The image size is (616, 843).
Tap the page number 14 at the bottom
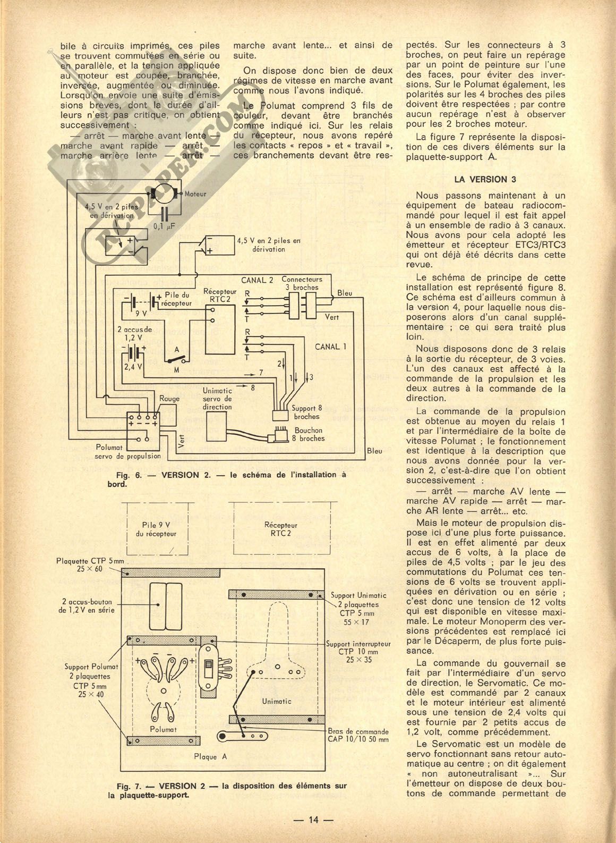[313, 819]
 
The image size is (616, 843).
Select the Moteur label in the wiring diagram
[195, 194]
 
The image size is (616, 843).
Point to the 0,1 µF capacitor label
[164, 226]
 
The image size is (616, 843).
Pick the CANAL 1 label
[330, 347]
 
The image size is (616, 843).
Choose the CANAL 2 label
[257, 280]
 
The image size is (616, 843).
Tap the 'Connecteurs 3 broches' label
[302, 283]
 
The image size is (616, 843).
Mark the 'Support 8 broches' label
[307, 412]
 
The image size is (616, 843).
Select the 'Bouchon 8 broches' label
[309, 434]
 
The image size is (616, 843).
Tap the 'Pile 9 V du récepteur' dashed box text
[156, 529]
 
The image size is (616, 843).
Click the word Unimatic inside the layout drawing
[277, 701]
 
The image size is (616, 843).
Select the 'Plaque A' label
[205, 756]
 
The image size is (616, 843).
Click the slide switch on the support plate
[208, 666]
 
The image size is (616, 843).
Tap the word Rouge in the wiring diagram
[169, 398]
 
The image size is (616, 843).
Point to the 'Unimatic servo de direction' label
[217, 399]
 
